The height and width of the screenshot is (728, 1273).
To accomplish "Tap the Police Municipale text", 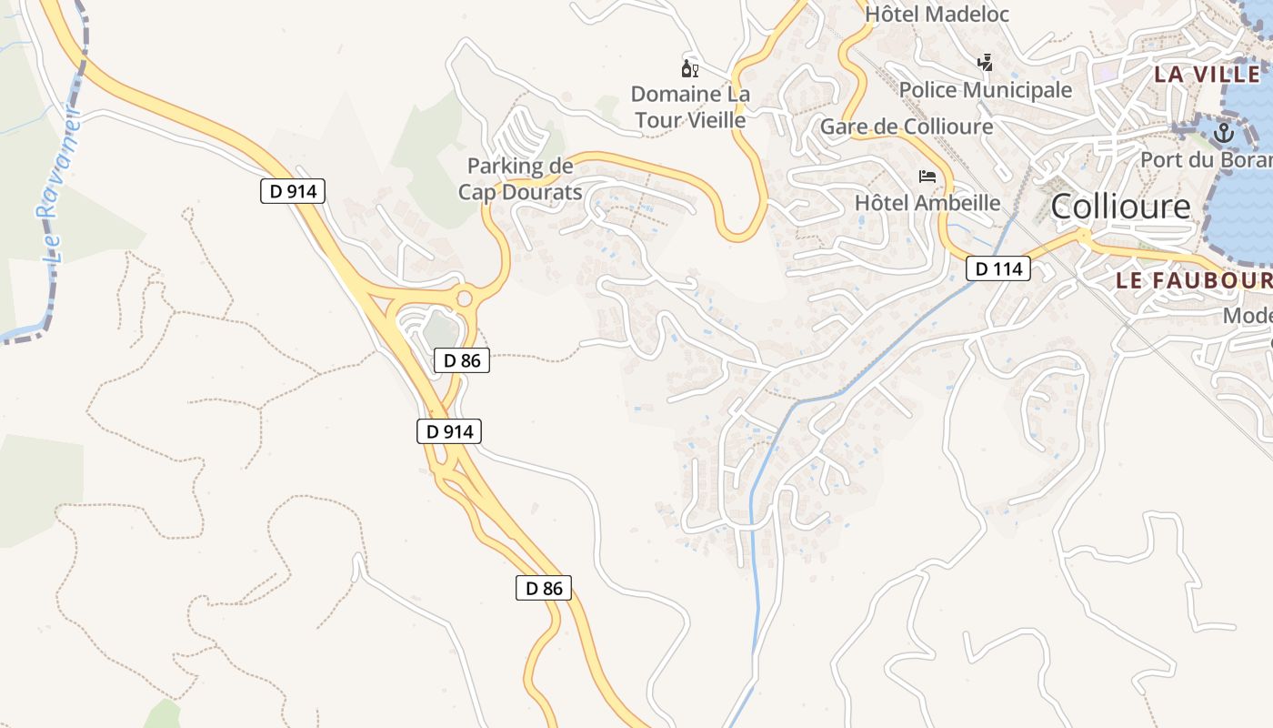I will click(986, 90).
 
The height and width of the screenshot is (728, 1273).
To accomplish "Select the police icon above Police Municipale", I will click(985, 63).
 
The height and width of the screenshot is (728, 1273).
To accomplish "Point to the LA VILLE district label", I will click(1207, 75).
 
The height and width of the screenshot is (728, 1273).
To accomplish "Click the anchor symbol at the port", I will click(1224, 134).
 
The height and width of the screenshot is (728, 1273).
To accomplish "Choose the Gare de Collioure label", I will click(907, 126).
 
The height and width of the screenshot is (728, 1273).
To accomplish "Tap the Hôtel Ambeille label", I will click(927, 203).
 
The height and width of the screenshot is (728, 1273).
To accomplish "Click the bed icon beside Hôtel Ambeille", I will click(927, 176).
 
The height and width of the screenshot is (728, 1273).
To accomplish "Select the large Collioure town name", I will click(1120, 207).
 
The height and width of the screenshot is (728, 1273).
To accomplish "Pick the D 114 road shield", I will click(997, 268).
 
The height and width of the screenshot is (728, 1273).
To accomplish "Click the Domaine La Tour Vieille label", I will click(690, 106).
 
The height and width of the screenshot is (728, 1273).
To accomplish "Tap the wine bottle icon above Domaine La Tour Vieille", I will click(689, 68).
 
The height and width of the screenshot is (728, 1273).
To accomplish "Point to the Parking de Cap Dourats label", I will click(520, 179).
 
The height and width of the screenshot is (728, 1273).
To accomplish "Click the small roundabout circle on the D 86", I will click(465, 298).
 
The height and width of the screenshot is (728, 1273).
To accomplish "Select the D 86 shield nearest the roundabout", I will click(462, 360).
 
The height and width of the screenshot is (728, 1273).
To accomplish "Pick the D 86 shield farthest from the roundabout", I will click(544, 588).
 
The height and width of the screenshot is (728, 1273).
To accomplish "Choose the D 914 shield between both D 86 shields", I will click(448, 431).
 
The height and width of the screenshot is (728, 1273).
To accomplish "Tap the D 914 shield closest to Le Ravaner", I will click(292, 191).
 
